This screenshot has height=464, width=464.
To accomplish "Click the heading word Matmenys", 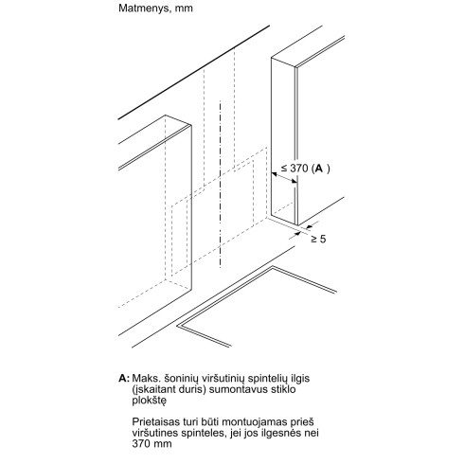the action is point(145,9).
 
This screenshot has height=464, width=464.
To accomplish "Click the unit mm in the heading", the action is point(184,9).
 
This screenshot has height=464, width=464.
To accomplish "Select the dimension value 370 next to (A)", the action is point(299,169).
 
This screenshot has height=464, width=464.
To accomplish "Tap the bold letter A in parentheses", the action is point(319,169).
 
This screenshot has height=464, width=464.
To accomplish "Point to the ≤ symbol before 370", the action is point(284,169).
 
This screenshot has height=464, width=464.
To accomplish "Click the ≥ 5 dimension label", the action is point(318,239).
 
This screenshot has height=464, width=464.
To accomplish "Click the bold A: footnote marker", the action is point(124,378).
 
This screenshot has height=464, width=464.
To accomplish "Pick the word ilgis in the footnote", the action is point(300,379).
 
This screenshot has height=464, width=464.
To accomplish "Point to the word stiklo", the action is point(283,389).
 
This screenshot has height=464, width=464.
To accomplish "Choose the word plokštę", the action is point(149,401).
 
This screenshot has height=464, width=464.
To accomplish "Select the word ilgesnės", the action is point(283,433).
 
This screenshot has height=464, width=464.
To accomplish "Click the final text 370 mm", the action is point(152,443).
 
